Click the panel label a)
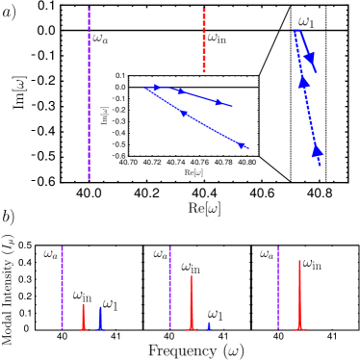pos(10,13)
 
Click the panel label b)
pos(8,217)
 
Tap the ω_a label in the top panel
pos(101,39)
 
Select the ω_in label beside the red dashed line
pos(218,39)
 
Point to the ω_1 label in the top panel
pos(306,21)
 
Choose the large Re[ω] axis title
pos(204,208)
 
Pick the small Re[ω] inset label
pos(193,172)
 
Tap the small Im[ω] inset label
pos(104,116)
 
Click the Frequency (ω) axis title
pos(196,350)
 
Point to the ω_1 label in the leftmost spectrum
pos(110,305)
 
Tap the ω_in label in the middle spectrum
pos(191,268)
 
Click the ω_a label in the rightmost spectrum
pos(267,254)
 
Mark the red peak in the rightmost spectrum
pos(299,294)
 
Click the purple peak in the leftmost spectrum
pos(63,289)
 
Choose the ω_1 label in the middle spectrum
pos(216,315)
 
